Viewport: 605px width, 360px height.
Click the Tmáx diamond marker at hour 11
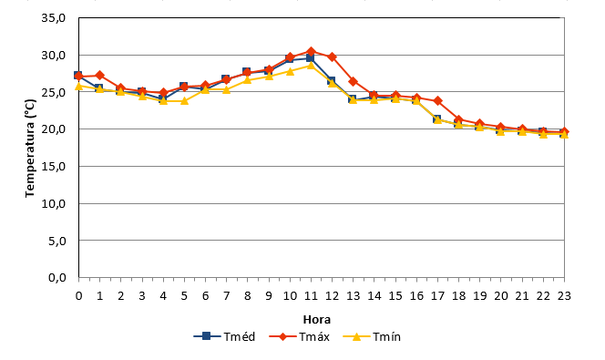click(x=311, y=51)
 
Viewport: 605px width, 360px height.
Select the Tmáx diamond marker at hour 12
click(x=332, y=57)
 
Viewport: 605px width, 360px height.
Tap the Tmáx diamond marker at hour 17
click(x=437, y=100)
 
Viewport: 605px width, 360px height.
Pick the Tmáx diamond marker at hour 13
click(x=353, y=81)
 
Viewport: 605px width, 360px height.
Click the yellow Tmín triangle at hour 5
click(x=184, y=100)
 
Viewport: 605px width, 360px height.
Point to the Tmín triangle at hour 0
click(x=78, y=86)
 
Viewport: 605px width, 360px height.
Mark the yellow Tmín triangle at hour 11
click(x=311, y=66)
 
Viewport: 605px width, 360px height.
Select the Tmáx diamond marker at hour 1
click(x=100, y=75)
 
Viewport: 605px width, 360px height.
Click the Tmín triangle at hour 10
click(x=290, y=71)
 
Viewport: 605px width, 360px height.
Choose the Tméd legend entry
click(x=224, y=336)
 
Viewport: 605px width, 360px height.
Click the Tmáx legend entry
click(x=299, y=336)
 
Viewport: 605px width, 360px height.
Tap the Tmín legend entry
click(x=372, y=336)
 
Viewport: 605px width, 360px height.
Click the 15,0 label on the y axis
click(x=53, y=166)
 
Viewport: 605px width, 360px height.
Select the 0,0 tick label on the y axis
click(x=56, y=277)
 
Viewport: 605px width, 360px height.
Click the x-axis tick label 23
click(x=564, y=296)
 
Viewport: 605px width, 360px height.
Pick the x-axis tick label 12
click(x=332, y=296)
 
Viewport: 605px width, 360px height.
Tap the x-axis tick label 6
click(x=205, y=296)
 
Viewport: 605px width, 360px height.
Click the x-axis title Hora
click(x=317, y=320)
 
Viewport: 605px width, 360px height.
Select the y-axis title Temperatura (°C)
click(x=30, y=149)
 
